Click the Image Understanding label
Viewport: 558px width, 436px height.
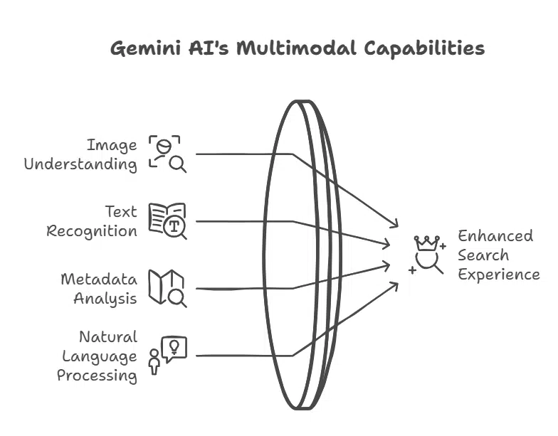tap(80, 155)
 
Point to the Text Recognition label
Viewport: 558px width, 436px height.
tap(92, 221)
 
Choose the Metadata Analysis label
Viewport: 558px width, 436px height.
tap(98, 288)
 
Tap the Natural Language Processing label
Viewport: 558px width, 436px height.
tap(98, 356)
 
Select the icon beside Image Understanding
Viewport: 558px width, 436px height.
tap(167, 154)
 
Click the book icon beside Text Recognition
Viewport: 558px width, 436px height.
tap(167, 220)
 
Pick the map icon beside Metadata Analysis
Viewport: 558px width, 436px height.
tap(167, 287)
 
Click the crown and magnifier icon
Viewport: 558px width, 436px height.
tap(427, 255)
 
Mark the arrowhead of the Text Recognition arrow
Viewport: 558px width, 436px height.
tap(387, 245)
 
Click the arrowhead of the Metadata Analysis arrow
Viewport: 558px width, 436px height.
tap(387, 265)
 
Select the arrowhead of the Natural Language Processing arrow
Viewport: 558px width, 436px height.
tap(396, 284)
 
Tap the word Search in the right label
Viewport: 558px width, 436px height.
tap(483, 255)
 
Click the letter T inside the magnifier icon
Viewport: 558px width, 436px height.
tap(174, 227)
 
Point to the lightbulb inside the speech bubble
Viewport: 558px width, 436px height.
tap(174, 346)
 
